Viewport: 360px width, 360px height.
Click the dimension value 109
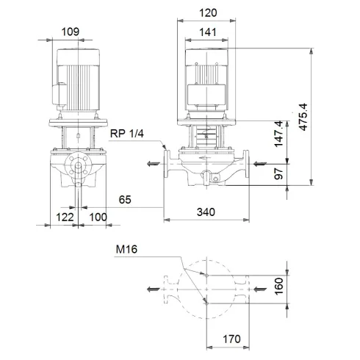(71, 32)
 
